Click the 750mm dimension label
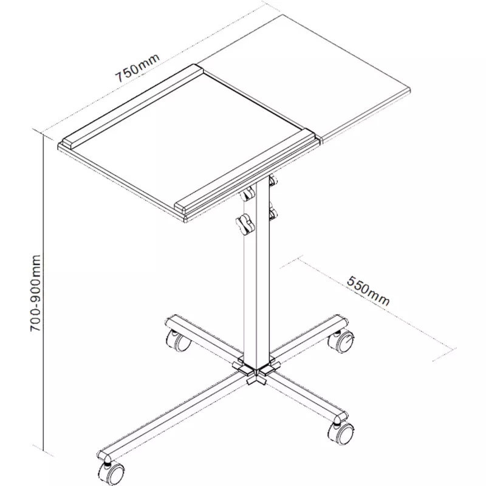[138, 68]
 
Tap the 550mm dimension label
[368, 291]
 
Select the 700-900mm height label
[35, 293]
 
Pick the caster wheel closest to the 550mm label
[341, 341]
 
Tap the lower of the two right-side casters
[341, 433]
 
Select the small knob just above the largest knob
[247, 195]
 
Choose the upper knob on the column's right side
[273, 180]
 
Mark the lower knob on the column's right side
[273, 213]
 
